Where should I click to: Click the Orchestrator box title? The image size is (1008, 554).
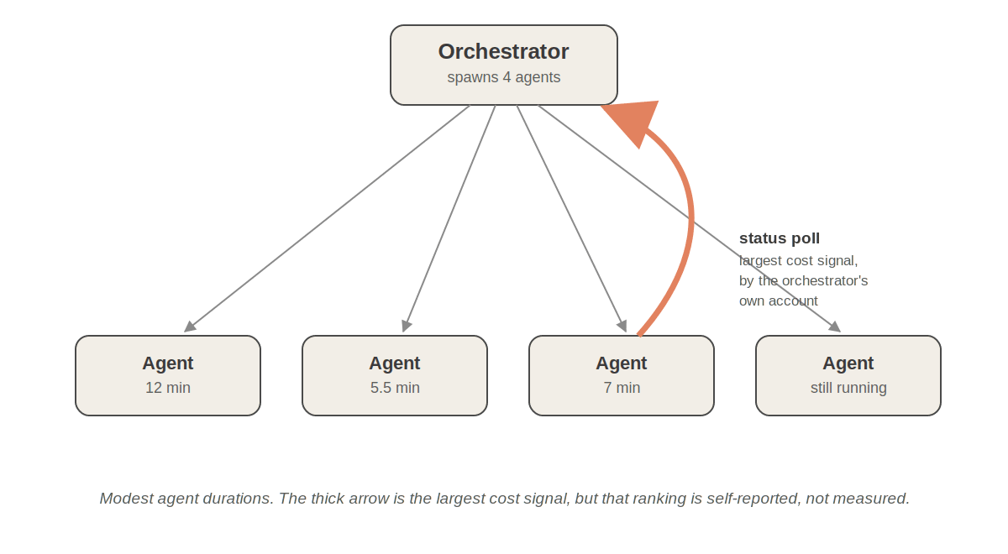(x=503, y=51)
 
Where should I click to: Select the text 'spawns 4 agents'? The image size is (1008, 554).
(x=503, y=77)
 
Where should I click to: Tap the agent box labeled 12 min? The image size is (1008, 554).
(x=168, y=375)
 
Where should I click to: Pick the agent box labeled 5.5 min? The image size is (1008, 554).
(x=395, y=375)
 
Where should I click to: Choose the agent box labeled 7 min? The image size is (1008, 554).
(x=622, y=375)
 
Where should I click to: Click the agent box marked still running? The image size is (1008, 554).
(x=848, y=375)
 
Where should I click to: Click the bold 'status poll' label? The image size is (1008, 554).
(x=780, y=238)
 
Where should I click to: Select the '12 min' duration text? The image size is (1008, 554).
(x=168, y=388)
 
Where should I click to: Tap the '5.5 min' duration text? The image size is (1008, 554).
(x=395, y=388)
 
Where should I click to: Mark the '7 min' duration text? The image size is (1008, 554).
(x=622, y=388)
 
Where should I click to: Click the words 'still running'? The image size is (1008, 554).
(x=848, y=388)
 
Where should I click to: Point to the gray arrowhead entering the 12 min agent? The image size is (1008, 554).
(x=190, y=327)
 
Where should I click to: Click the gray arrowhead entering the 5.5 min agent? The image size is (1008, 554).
(x=407, y=327)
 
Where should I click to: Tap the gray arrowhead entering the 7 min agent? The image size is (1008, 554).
(x=622, y=327)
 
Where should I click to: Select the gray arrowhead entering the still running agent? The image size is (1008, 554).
(x=835, y=327)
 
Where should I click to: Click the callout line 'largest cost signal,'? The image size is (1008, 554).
(x=798, y=261)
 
